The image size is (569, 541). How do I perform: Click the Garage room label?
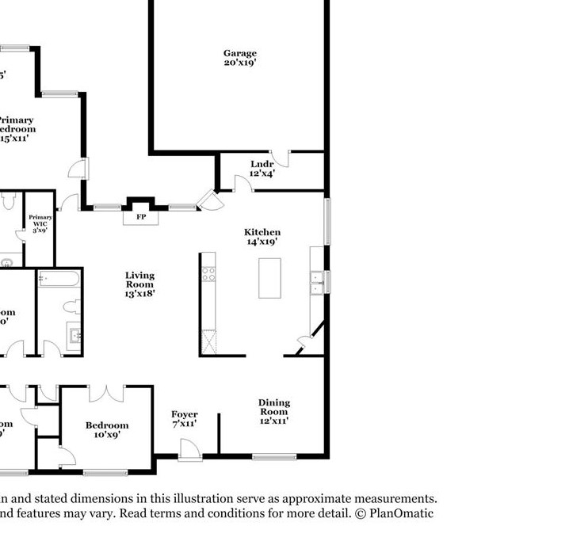(x=239, y=53)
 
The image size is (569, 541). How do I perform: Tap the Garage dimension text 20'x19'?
(x=239, y=63)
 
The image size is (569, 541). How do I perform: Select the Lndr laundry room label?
(x=262, y=164)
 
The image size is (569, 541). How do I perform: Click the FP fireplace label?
(x=141, y=216)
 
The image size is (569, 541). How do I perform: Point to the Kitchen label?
(x=262, y=232)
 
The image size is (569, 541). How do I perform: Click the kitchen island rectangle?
(x=269, y=278)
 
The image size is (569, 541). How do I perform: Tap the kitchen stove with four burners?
(x=208, y=274)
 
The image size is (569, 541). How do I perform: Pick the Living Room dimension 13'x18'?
(x=139, y=293)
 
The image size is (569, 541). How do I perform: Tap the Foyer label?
(x=184, y=414)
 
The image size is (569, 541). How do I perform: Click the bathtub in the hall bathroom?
(x=59, y=279)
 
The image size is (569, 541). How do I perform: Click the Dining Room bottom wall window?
(x=274, y=456)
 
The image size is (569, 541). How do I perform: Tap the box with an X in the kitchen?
(x=208, y=342)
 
